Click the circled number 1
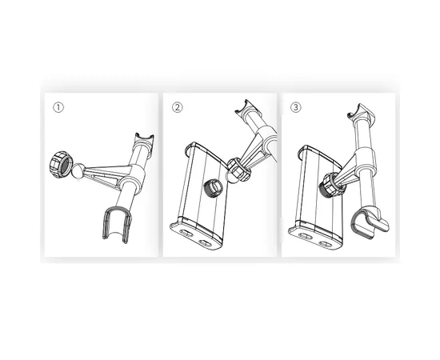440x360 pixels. pyautogui.click(x=58, y=107)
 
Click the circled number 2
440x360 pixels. pyautogui.click(x=177, y=107)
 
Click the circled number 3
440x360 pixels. pyautogui.click(x=295, y=107)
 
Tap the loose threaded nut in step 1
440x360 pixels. pyautogui.click(x=61, y=165)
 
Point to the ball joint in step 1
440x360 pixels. pyautogui.click(x=78, y=171)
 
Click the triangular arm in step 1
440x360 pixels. pyautogui.click(x=106, y=174)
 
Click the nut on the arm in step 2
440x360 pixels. pyautogui.click(x=238, y=169)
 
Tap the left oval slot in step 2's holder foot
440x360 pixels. pyautogui.click(x=185, y=233)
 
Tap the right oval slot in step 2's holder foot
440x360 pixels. pyautogui.click(x=205, y=242)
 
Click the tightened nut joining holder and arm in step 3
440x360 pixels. pyautogui.click(x=332, y=184)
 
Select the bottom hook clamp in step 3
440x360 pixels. pyautogui.click(x=369, y=222)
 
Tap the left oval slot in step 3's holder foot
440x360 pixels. pyautogui.click(x=304, y=236)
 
